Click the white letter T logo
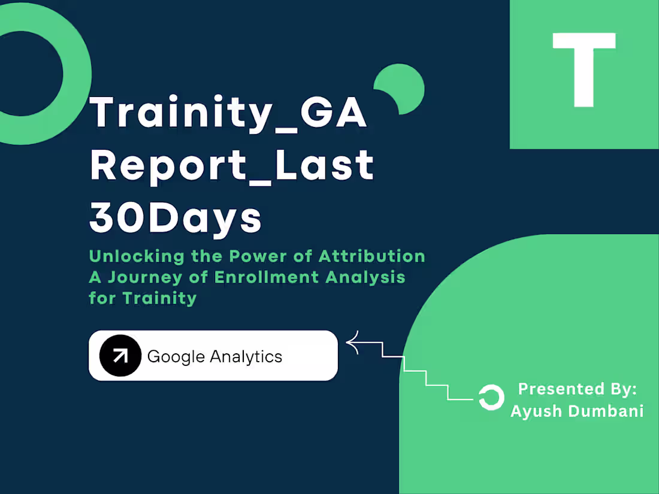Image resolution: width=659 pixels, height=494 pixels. (584, 69)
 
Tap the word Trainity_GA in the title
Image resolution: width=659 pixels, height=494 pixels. (228, 113)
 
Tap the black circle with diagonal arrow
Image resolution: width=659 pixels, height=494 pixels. (120, 356)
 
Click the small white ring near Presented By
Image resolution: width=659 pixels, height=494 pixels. (491, 398)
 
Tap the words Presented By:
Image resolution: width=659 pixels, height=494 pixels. (577, 389)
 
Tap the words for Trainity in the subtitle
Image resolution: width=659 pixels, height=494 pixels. (143, 298)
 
